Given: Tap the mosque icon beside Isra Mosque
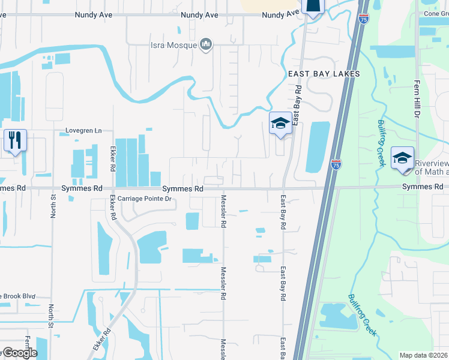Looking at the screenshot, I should click(206, 44).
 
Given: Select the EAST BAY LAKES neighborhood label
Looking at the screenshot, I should click(324, 74).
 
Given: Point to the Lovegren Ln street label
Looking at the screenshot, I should click(84, 130).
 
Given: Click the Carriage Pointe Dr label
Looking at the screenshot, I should click(145, 199).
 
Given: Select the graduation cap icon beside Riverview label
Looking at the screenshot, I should click(402, 158).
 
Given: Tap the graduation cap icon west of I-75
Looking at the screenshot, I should click(280, 124).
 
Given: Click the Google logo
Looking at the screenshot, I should click(19, 353).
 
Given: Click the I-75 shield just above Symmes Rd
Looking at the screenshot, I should click(336, 164).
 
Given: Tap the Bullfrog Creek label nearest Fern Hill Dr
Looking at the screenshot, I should click(382, 136).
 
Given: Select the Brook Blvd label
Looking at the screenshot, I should click(18, 296).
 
